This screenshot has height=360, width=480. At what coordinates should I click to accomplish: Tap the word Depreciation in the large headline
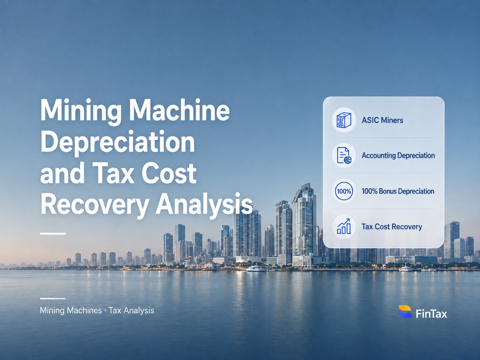118,142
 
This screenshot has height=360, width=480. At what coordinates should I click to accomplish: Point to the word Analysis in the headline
204,205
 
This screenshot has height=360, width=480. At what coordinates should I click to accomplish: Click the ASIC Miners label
382,120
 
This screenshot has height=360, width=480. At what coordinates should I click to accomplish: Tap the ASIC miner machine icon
344,120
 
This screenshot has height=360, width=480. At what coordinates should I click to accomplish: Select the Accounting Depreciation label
398,155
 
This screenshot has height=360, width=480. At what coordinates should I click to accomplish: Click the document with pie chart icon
344,155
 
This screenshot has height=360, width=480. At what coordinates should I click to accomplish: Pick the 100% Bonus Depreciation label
398,191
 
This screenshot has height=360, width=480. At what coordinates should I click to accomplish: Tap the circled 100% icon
344,191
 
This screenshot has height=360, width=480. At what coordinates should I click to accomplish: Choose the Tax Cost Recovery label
391,227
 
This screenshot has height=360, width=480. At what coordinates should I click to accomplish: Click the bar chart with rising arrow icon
344,226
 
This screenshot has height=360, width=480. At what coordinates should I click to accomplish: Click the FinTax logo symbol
405,311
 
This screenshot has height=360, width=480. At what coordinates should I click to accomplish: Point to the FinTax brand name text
431,314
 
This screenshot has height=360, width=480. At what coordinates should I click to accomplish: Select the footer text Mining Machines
71,310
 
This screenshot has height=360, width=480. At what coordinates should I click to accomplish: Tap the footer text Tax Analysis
131,310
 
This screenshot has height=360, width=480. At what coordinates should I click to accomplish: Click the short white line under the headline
53,234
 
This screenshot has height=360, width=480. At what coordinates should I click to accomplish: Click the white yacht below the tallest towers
256,269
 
